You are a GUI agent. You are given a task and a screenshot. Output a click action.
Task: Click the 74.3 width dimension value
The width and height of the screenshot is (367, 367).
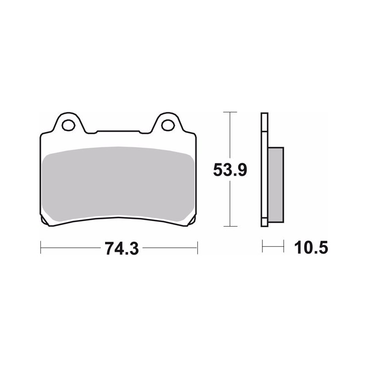pyautogui.click(x=122, y=248)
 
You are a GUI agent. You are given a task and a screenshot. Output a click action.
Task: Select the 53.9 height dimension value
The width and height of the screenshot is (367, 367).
pyautogui.click(x=230, y=170)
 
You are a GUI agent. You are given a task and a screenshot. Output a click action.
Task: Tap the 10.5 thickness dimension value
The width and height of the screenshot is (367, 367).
pyautogui.click(x=311, y=247)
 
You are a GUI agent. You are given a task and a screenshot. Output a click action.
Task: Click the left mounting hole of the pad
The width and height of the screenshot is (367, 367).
pyautogui.click(x=68, y=125)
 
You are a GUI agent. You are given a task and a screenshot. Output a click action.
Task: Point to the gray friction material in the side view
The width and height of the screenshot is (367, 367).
pyautogui.click(x=276, y=185)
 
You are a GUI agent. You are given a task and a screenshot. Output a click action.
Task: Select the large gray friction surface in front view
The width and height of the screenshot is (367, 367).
pyautogui.click(x=118, y=184)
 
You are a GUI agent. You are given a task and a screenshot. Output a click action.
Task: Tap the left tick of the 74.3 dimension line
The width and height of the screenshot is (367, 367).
pyautogui.click(x=41, y=247)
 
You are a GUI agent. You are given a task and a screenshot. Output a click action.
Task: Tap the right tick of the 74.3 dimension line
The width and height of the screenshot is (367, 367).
pyautogui.click(x=198, y=247)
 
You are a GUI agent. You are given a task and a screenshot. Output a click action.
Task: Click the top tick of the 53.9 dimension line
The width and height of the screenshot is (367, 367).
pyautogui.click(x=230, y=112)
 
